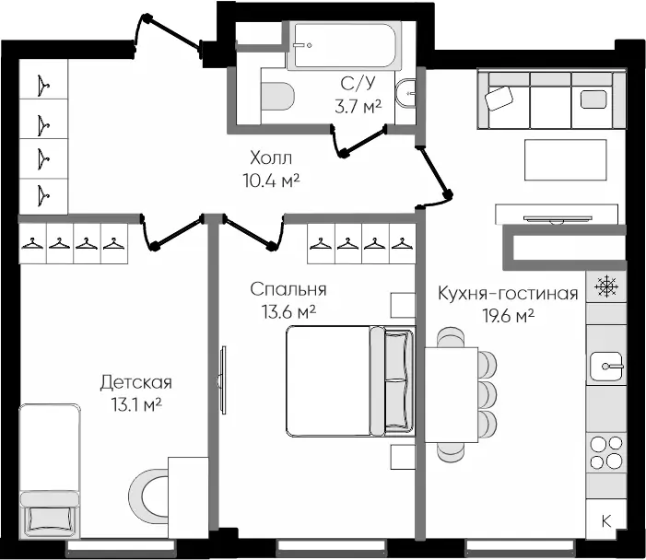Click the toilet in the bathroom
click(x=277, y=96)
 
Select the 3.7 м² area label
click(x=358, y=107)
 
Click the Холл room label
click(x=271, y=157)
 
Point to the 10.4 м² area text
click(x=271, y=181)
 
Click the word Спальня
click(x=288, y=290)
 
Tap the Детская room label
click(x=136, y=383)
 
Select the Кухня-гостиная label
click(x=508, y=294)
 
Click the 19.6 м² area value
click(x=509, y=316)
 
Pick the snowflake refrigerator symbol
click(x=607, y=286)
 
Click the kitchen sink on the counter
click(x=607, y=366)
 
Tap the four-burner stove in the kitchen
click(x=606, y=453)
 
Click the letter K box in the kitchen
click(x=606, y=521)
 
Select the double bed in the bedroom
click(x=350, y=381)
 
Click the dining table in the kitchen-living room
click(x=452, y=395)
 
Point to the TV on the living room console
click(x=558, y=218)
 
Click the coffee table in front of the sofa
click(x=566, y=159)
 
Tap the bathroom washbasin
click(x=405, y=93)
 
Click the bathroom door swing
click(x=359, y=141)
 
